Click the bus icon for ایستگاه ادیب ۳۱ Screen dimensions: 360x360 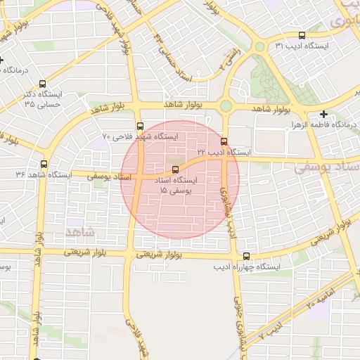point(302,35)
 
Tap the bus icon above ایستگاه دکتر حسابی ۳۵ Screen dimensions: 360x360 point(43,83)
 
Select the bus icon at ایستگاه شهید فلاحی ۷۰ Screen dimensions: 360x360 point(140,127)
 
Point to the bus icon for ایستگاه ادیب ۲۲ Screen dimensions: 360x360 point(224,141)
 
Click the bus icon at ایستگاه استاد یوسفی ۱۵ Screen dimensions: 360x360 point(175,169)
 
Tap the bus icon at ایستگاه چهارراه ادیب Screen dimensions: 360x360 point(245,257)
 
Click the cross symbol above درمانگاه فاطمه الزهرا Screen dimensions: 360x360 point(323,114)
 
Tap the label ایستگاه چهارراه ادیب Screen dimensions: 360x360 point(248,268)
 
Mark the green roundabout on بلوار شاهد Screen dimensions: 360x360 point(226,106)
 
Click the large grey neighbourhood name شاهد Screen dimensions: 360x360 point(78,231)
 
